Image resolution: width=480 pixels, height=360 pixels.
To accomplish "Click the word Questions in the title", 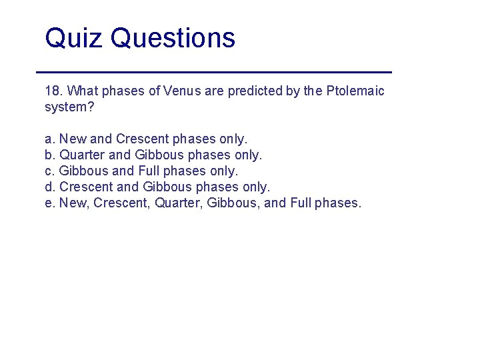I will pyautogui.click(x=173, y=38).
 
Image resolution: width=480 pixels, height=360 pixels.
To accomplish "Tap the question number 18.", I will pyautogui.click(x=53, y=91).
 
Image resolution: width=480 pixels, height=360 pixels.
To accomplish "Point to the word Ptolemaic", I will pyautogui.click(x=355, y=91).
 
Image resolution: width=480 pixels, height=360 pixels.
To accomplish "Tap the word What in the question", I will pyautogui.click(x=84, y=91).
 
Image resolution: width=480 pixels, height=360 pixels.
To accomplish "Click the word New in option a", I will pyautogui.click(x=73, y=139).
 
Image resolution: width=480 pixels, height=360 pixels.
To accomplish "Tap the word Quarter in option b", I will pyautogui.click(x=81, y=155).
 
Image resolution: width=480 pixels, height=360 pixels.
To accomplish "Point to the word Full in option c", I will pyautogui.click(x=149, y=171).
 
